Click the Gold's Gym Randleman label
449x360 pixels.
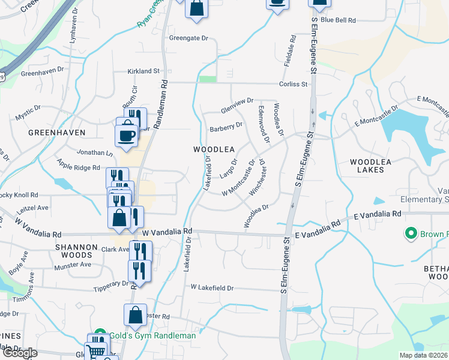coord(152,335)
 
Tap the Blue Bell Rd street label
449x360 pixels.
coord(339,20)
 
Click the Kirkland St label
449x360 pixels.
coord(143,71)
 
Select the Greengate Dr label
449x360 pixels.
coord(188,38)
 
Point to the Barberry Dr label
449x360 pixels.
coord(226,128)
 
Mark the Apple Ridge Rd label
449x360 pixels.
coord(78,165)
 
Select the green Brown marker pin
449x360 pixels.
coord(411,233)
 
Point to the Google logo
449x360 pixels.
coord(20,353)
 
